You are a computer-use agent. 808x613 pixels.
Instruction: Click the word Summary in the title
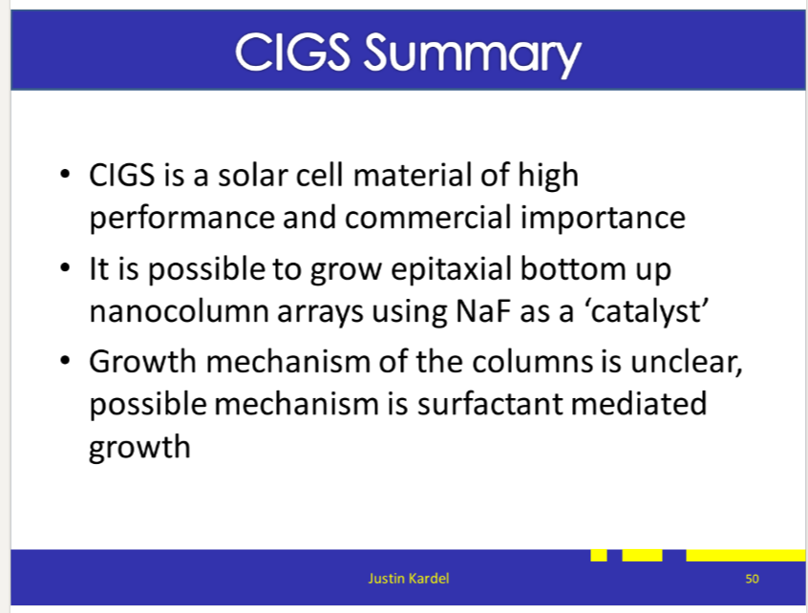tap(473, 54)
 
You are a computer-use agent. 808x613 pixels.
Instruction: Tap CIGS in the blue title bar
tap(292, 53)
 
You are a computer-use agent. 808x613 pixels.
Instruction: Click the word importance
tap(603, 219)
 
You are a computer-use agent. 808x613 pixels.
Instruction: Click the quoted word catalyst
tap(646, 311)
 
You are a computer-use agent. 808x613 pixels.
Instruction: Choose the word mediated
tap(638, 403)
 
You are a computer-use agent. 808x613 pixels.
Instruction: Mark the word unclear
tap(686, 362)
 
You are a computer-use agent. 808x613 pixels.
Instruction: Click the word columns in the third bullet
tap(532, 362)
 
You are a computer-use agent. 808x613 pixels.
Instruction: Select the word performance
tap(181, 219)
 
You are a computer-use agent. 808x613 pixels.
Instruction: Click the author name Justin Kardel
tap(409, 579)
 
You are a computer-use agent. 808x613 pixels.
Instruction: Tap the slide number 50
tap(752, 579)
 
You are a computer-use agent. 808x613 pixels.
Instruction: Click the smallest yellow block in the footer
tap(599, 556)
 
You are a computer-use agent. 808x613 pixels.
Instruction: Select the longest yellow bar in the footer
tap(746, 556)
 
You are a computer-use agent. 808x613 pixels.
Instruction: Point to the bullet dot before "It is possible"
tap(65, 268)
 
